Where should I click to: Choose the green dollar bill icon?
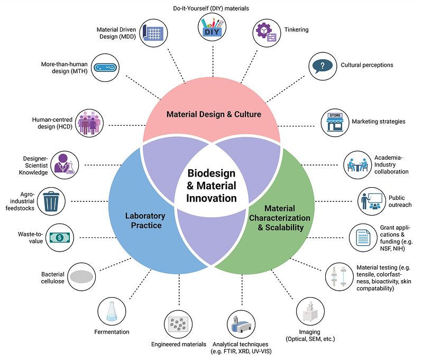click(x=60, y=237)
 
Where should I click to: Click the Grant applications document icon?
click(x=362, y=237)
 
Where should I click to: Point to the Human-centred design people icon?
click(x=89, y=124)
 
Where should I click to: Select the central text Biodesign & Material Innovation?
click(x=212, y=186)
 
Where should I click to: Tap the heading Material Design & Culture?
click(x=214, y=114)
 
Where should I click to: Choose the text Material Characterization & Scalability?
click(x=280, y=218)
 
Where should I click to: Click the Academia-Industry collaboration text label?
click(x=392, y=164)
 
